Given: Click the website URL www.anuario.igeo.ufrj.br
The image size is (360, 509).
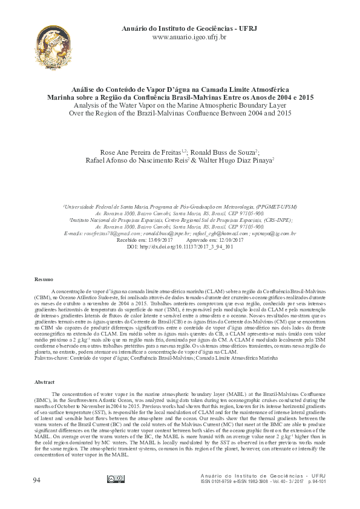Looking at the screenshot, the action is pyautogui.click(x=189, y=37).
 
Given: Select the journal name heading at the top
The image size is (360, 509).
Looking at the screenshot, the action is pyautogui.click(x=189, y=28).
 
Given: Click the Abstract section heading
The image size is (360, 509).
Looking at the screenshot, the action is pyautogui.click(x=44, y=383).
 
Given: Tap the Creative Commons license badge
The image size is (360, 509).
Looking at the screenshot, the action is pyautogui.click(x=116, y=479).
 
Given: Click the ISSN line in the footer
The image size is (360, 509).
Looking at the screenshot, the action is pyautogui.click(x=263, y=481).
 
